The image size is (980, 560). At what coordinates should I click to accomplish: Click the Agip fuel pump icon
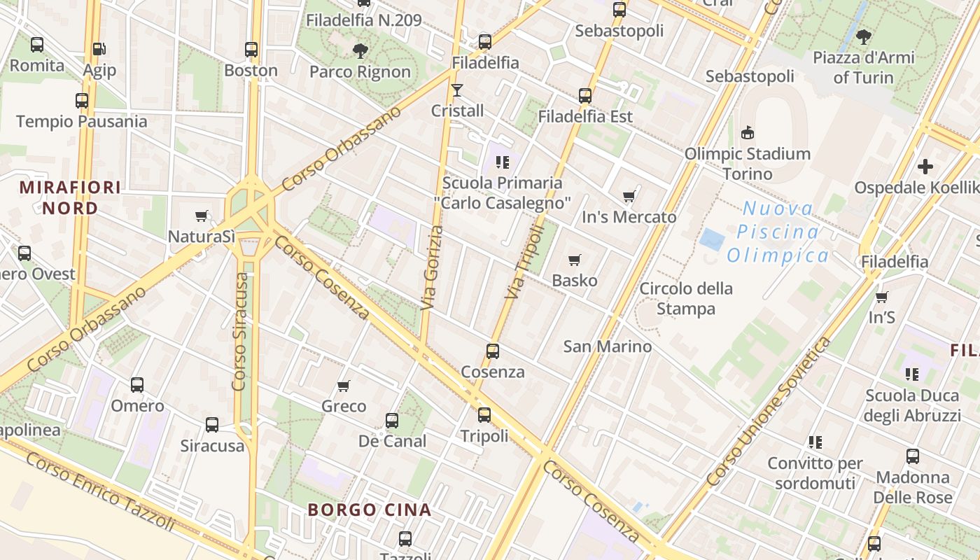pyautogui.click(x=99, y=49)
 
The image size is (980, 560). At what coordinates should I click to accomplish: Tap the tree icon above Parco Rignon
pyautogui.click(x=360, y=50)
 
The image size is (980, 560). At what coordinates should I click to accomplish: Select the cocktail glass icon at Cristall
pyautogui.click(x=457, y=90)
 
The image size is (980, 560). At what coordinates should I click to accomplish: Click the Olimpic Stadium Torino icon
pyautogui.click(x=748, y=132)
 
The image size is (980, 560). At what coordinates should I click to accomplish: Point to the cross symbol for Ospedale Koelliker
pyautogui.click(x=925, y=167)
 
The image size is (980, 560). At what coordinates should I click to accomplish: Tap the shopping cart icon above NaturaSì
pyautogui.click(x=202, y=216)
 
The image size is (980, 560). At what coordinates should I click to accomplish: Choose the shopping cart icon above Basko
pyautogui.click(x=575, y=260)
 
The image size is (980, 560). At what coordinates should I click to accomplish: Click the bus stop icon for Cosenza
pyautogui.click(x=493, y=351)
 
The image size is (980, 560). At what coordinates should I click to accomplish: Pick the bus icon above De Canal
pyautogui.click(x=392, y=421)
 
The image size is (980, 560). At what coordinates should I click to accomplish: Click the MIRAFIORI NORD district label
pyautogui.click(x=70, y=197)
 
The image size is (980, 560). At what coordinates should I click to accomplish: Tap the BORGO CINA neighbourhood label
pyautogui.click(x=370, y=510)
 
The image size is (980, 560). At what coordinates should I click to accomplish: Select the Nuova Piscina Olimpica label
pyautogui.click(x=778, y=232)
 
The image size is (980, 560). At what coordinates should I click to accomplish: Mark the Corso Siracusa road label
pyautogui.click(x=240, y=332)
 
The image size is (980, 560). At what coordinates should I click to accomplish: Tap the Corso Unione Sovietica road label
pyautogui.click(x=769, y=412)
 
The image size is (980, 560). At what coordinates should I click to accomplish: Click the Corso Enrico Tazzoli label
pyautogui.click(x=100, y=491)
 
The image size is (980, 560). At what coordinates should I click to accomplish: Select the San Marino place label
pyautogui.click(x=608, y=346)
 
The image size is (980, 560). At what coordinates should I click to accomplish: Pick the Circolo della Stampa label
pyautogui.click(x=686, y=298)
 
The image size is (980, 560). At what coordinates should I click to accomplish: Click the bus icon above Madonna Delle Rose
pyautogui.click(x=913, y=456)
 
